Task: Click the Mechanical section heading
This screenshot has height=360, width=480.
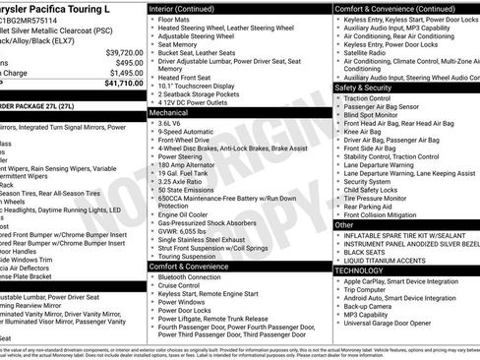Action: click(169, 113)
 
